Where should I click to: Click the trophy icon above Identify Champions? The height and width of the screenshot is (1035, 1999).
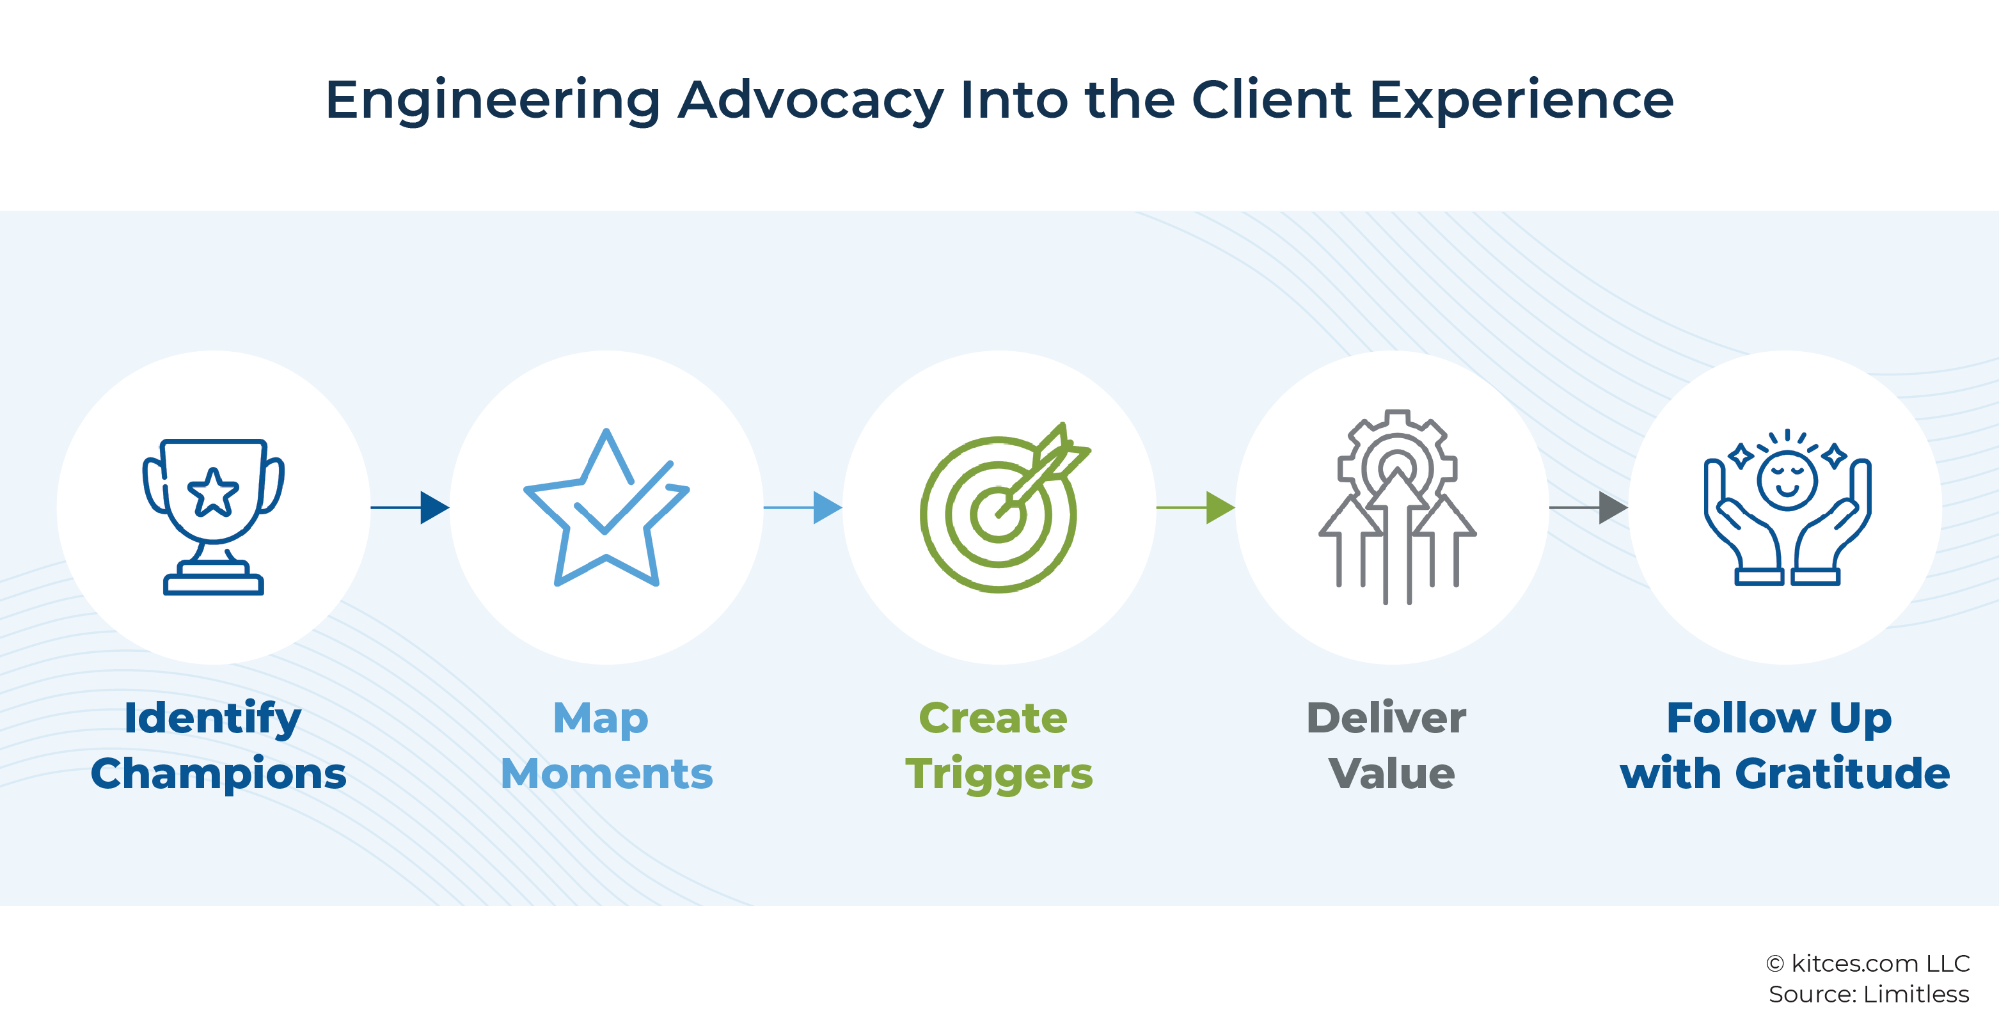214,516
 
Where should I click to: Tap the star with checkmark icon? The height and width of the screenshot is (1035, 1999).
606,507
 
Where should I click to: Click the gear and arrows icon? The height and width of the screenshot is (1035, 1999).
1397,507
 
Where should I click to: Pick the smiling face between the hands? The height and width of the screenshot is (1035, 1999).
1787,481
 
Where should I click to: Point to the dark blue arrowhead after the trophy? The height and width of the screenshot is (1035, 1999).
434,507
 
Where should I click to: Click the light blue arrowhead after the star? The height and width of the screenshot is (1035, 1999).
827,507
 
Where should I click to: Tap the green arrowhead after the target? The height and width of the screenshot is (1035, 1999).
1220,507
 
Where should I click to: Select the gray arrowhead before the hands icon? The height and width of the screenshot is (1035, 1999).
1613,507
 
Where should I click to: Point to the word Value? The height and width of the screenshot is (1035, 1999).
1391,773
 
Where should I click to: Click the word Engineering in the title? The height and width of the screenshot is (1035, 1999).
493,101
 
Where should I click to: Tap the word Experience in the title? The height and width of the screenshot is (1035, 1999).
1521,101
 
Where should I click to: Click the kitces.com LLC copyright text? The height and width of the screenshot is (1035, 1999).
1868,963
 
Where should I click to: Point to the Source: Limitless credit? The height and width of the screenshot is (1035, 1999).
1869,994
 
